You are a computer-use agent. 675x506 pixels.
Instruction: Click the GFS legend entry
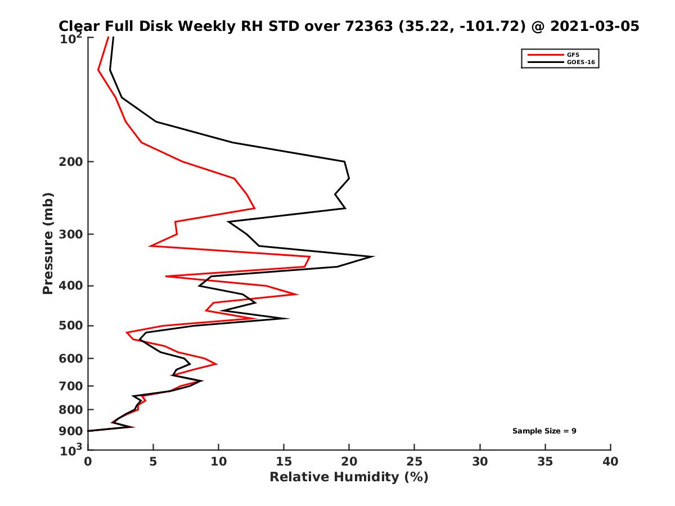click(574, 55)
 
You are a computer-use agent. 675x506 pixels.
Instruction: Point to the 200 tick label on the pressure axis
click(71, 162)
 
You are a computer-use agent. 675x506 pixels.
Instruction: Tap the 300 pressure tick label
click(71, 234)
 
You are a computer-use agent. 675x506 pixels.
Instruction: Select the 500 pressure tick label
click(71, 326)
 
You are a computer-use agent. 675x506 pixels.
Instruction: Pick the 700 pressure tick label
click(71, 386)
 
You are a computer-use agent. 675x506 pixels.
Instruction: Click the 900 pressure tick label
click(71, 431)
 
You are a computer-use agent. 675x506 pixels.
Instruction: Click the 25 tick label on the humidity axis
click(415, 462)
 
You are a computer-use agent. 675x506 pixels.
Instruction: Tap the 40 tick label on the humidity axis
click(610, 462)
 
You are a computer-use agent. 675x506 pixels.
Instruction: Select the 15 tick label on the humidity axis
click(283, 462)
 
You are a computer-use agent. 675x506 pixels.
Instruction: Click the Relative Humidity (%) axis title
click(349, 477)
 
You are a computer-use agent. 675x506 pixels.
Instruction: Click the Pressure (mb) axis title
click(48, 243)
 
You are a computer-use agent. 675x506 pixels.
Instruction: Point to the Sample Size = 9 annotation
click(544, 431)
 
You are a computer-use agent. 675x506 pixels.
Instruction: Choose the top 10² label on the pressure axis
click(72, 39)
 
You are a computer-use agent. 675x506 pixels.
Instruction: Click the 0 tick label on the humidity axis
click(88, 462)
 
